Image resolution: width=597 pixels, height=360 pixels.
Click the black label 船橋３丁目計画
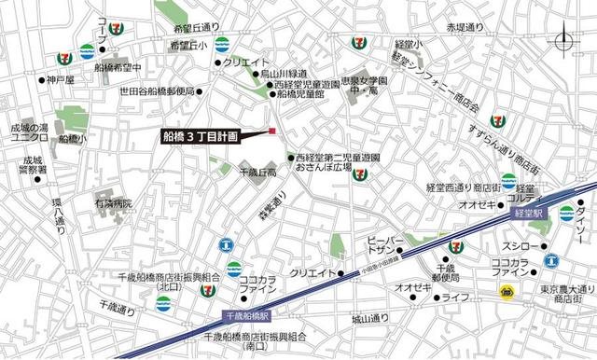[201, 135]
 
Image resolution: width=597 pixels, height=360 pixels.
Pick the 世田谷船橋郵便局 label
[155, 90]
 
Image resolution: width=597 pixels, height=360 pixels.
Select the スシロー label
[503, 247]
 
